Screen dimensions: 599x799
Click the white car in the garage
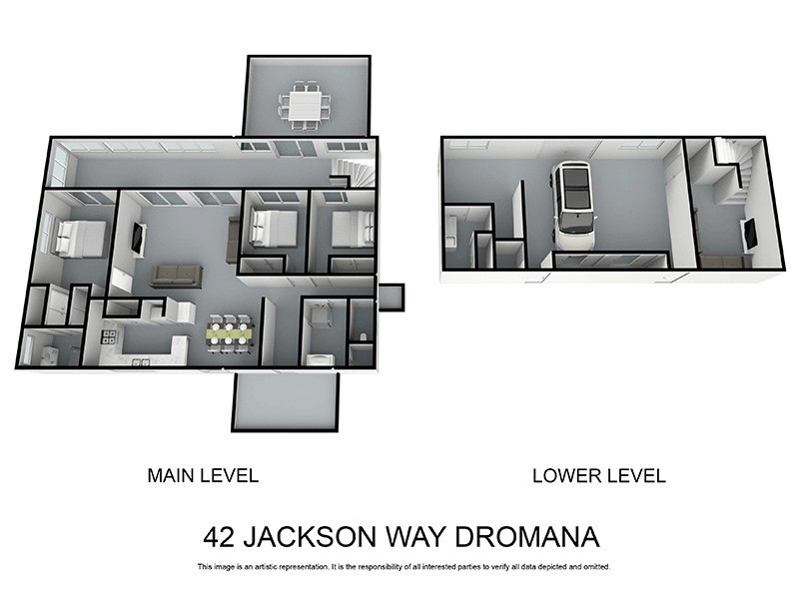(x=574, y=207)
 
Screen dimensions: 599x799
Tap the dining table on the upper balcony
(x=307, y=104)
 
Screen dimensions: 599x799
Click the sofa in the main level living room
(x=177, y=275)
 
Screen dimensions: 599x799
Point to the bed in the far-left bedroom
(x=79, y=238)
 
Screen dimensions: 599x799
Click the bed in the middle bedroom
(x=271, y=228)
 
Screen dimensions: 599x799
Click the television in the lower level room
(x=749, y=234)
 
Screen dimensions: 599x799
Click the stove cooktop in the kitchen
(x=109, y=336)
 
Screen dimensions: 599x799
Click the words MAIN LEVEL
(x=203, y=475)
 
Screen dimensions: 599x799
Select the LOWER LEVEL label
(x=598, y=475)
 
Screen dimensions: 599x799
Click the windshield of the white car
(x=574, y=215)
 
